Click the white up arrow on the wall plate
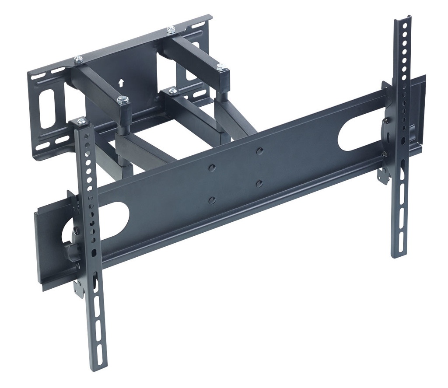tap(121, 81)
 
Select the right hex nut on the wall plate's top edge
tap(171, 30)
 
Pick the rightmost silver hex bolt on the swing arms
tap(221, 67)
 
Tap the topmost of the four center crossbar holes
tap(260, 151)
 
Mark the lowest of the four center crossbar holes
tap(212, 200)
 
